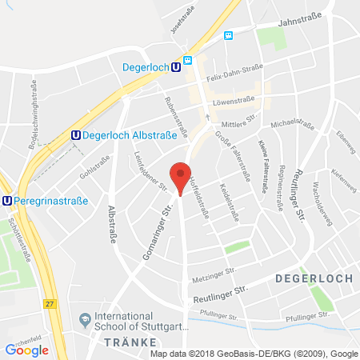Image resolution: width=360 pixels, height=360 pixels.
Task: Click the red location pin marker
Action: pyautogui.click(x=182, y=177)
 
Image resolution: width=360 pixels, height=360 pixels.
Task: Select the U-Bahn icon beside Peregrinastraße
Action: pyautogui.click(x=8, y=202)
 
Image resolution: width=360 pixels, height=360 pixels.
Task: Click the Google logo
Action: pyautogui.click(x=26, y=350)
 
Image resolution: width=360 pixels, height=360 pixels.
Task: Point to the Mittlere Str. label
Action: pyautogui.click(x=239, y=118)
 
